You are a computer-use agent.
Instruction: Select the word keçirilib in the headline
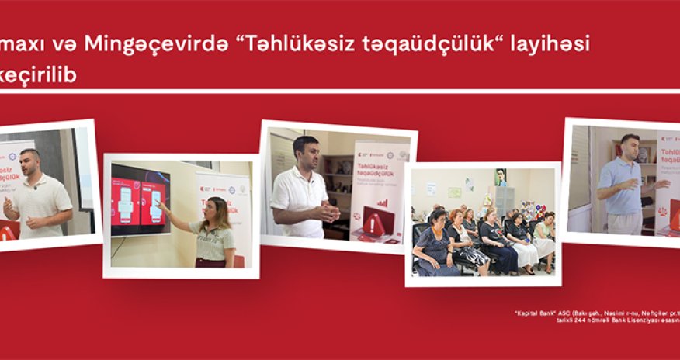(38, 75)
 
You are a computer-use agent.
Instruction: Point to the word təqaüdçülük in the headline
(423, 45)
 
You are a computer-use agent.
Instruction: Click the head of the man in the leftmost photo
(30, 162)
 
